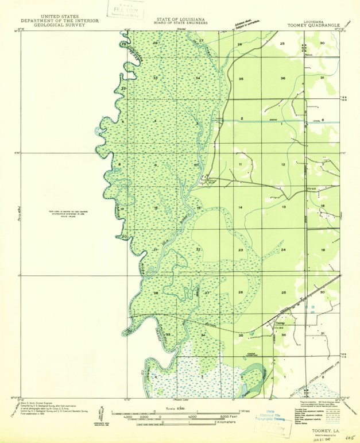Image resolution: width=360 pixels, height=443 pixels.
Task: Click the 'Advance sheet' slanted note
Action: click(x=243, y=24)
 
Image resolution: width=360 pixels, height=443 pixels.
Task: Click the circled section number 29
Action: click(x=123, y=44)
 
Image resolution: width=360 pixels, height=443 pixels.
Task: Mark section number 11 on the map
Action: click(x=241, y=165)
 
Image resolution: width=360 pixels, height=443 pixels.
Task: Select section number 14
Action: click(x=241, y=207)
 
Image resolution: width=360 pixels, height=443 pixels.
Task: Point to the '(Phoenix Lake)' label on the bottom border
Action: click(x=181, y=399)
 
